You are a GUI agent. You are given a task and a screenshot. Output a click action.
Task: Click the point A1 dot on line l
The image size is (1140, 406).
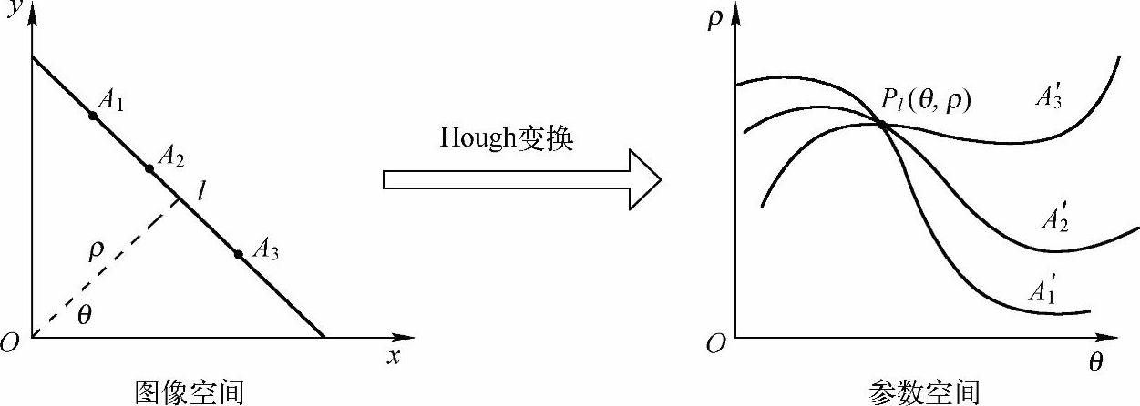click(x=93, y=116)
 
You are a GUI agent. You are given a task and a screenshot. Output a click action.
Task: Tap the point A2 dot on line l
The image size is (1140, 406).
click(x=149, y=168)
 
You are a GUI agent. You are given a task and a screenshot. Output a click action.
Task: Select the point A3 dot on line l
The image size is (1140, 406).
click(x=239, y=254)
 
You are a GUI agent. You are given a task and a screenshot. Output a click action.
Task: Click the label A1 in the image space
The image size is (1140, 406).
click(x=110, y=99)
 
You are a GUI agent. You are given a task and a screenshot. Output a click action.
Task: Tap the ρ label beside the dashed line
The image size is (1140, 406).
click(x=97, y=252)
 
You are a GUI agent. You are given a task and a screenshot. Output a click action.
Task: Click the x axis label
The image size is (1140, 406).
click(x=394, y=356)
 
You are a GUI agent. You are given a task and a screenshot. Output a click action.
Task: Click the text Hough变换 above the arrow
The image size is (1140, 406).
click(x=507, y=137)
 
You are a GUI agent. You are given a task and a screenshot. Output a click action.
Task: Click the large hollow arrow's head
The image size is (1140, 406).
click(x=642, y=179)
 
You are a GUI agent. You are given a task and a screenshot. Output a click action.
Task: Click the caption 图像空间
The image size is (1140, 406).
click(x=190, y=391)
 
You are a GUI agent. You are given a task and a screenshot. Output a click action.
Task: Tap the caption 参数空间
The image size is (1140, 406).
click(x=924, y=392)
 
